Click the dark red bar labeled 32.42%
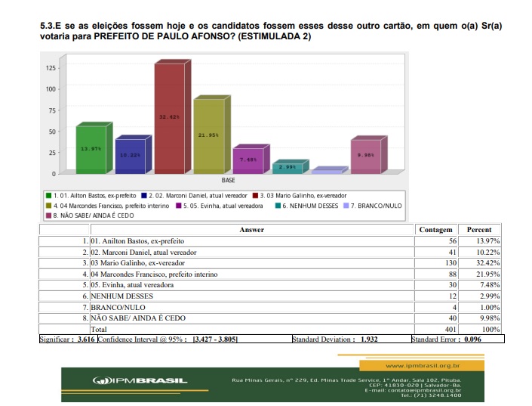point(169,118)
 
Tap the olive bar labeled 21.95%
point(209,136)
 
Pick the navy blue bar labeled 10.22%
point(130,155)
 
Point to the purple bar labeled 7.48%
point(248,160)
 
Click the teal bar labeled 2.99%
point(287,167)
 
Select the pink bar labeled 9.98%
point(365,156)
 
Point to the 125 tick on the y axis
point(51,68)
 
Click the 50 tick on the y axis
point(52,132)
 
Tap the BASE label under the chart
point(227,181)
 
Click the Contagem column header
point(435,230)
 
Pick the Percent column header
point(479,230)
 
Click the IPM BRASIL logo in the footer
point(140,380)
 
